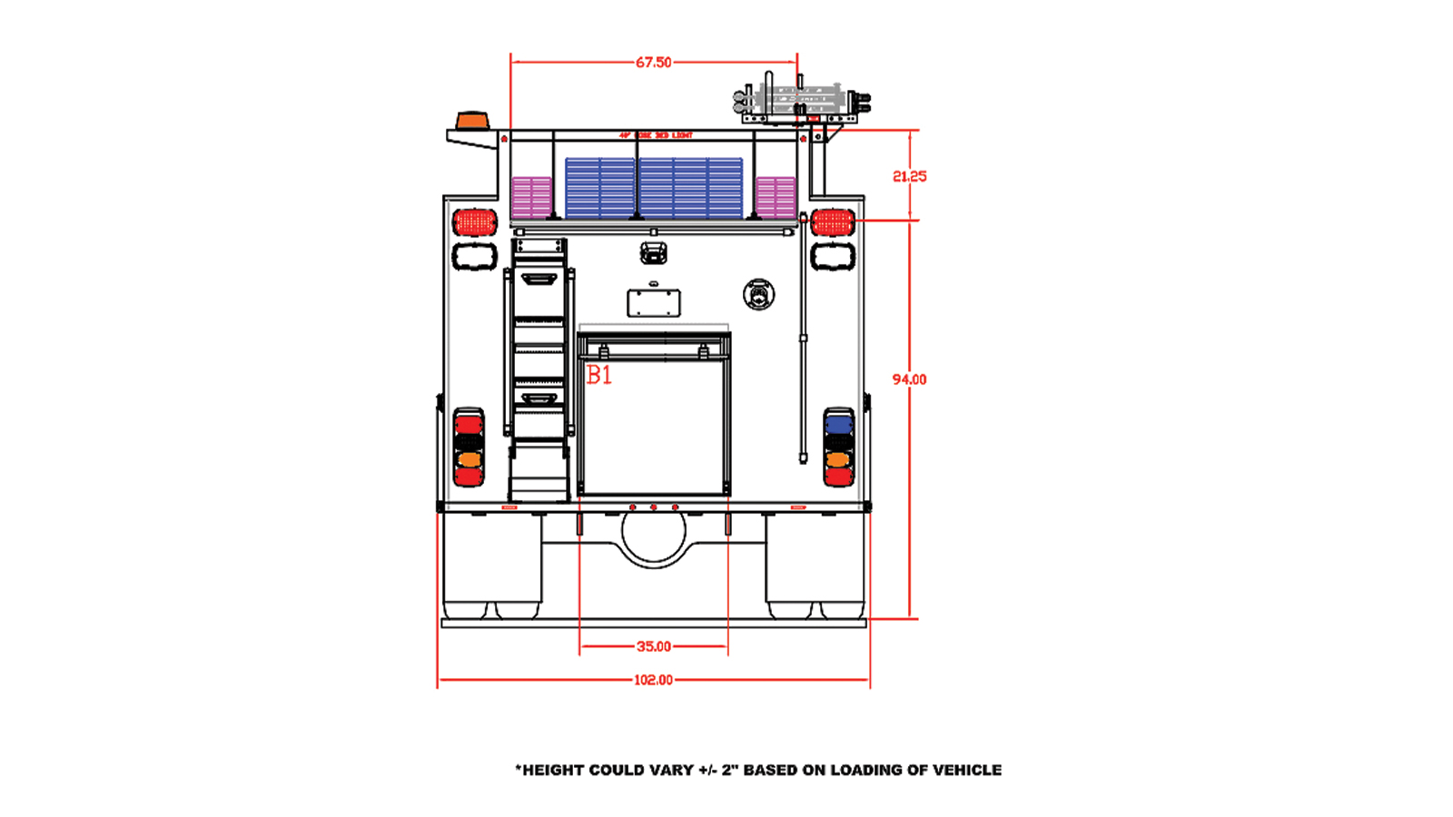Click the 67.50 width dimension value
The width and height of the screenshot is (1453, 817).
[653, 63]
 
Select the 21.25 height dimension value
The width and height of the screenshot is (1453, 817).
[909, 176]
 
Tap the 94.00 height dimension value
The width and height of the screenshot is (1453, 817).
[909, 379]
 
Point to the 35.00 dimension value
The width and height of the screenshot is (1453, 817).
[653, 646]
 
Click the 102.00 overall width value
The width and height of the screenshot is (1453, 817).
[653, 680]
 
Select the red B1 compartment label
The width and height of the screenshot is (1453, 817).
[599, 375]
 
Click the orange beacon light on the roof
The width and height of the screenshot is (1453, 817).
[471, 122]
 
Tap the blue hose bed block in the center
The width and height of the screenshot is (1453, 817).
[654, 188]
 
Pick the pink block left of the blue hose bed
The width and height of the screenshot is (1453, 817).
[531, 197]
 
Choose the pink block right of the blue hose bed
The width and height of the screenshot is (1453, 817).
[776, 197]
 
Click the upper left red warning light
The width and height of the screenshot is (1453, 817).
[475, 221]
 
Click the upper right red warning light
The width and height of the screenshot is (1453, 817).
[833, 221]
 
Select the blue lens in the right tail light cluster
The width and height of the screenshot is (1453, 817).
[838, 424]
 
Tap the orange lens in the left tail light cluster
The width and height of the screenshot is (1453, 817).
[469, 460]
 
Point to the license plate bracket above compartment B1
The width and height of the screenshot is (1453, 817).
[654, 303]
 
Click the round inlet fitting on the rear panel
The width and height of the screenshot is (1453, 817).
[758, 294]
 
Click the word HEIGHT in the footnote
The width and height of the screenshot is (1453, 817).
[553, 770]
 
